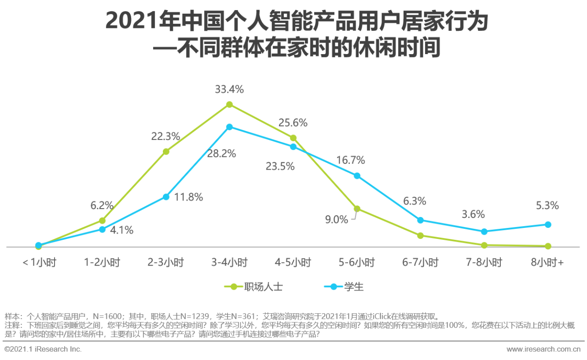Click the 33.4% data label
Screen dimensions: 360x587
point(229,89)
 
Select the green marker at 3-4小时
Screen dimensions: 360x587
point(229,105)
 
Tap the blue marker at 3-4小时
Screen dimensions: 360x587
point(229,127)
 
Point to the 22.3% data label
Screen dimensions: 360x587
point(166,136)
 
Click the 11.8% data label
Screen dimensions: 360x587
point(188,197)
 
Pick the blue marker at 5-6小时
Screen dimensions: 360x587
point(357,176)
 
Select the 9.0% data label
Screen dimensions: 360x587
point(337,220)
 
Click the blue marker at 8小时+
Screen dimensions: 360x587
point(548,224)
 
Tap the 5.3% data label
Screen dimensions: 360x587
point(548,206)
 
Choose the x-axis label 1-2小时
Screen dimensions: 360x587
point(102,263)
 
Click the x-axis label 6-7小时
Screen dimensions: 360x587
point(421,263)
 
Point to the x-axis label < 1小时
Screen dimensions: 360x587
point(39,263)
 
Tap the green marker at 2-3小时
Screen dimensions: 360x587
point(166,151)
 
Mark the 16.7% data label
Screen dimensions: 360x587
point(350,161)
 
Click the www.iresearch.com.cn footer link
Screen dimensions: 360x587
point(543,349)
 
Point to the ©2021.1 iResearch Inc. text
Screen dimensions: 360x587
point(43,349)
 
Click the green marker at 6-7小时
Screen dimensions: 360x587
point(421,235)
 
